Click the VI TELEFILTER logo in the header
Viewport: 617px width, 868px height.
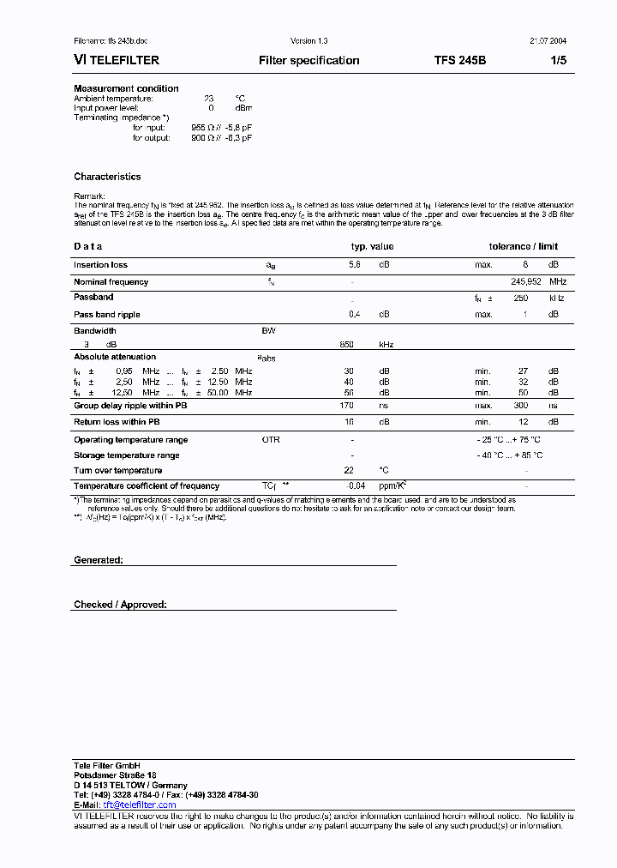tap(117, 61)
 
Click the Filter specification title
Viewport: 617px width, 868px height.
tap(308, 61)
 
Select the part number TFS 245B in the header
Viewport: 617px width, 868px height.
tap(459, 61)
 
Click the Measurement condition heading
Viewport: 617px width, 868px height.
tap(126, 88)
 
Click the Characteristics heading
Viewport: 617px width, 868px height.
tap(107, 177)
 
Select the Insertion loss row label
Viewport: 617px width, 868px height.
tap(100, 265)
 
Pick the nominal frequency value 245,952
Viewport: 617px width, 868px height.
tap(525, 281)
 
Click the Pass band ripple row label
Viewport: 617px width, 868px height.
tap(106, 315)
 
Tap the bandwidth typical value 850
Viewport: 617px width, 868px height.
tap(348, 344)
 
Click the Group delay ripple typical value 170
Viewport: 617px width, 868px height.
tap(347, 405)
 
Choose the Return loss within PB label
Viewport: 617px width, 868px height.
tap(117, 422)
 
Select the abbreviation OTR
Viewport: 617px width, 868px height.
tap(271, 440)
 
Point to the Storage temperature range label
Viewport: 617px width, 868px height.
tap(126, 455)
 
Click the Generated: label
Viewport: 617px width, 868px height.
tap(99, 559)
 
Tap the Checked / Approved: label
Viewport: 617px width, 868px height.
tap(120, 605)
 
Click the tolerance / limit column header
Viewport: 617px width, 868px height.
tap(523, 246)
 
